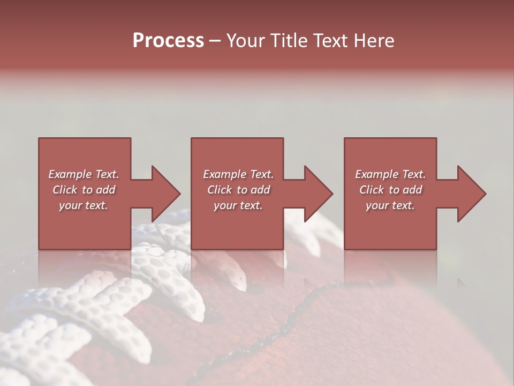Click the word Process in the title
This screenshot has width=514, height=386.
click(168, 41)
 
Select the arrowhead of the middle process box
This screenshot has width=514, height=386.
click(318, 194)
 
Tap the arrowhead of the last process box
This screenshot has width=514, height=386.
click(471, 194)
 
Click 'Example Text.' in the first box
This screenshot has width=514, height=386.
click(84, 174)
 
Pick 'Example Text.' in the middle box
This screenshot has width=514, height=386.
click(238, 174)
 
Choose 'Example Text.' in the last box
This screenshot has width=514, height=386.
click(390, 174)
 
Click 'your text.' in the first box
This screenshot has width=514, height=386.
click(84, 205)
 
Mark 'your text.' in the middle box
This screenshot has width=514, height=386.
click(238, 205)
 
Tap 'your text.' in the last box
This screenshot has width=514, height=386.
click(390, 205)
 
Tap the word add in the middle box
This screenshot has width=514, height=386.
click(260, 190)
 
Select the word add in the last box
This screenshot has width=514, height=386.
click(412, 190)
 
